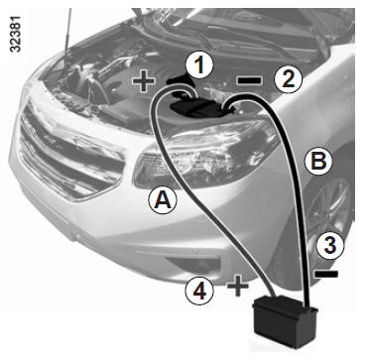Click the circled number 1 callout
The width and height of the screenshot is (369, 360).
click(x=199, y=66)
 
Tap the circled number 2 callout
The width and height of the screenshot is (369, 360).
click(x=288, y=78)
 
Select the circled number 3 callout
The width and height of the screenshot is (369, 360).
click(x=329, y=246)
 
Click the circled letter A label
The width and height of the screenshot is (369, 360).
click(x=163, y=200)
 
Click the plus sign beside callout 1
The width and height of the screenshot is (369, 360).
click(x=143, y=81)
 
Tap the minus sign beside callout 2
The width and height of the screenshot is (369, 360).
click(x=250, y=79)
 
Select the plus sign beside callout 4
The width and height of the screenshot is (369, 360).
click(x=238, y=286)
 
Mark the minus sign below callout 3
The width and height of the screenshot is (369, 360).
click(x=326, y=274)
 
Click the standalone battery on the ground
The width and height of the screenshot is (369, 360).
click(x=285, y=321)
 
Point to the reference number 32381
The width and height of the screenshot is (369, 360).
click(x=16, y=34)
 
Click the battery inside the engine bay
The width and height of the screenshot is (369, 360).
click(x=198, y=110)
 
